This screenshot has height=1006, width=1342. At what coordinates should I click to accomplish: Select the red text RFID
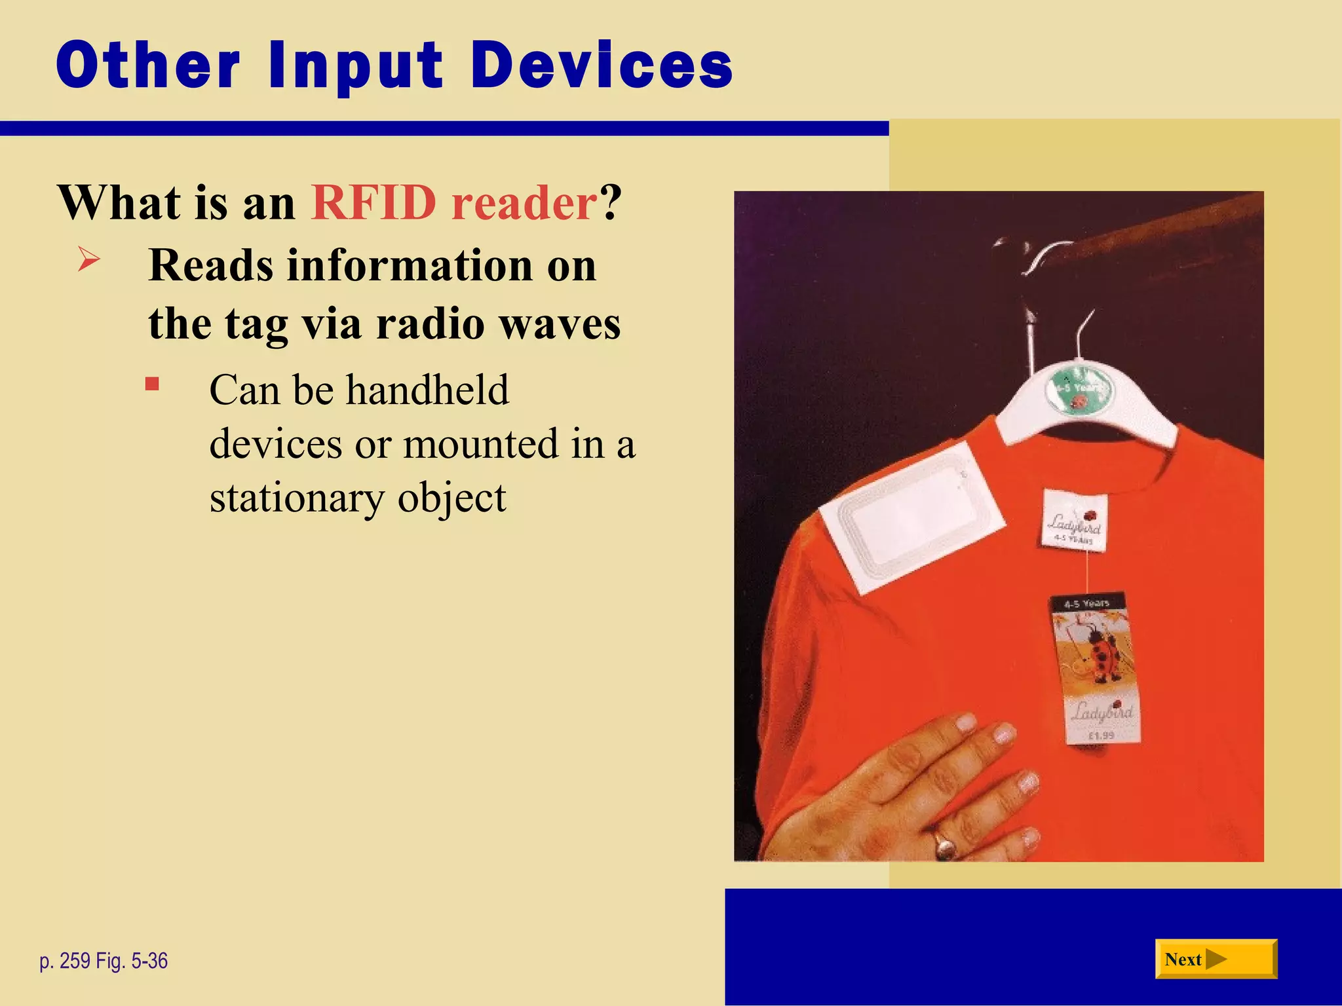[x=374, y=202]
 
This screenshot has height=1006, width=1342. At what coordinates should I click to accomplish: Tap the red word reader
[x=524, y=202]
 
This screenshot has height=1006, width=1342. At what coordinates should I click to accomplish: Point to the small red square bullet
[x=152, y=384]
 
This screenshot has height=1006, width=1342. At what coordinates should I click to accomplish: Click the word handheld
[x=427, y=390]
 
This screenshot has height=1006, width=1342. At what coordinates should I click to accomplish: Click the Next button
[x=1216, y=959]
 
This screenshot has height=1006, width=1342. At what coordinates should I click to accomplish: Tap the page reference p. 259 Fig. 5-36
[x=104, y=961]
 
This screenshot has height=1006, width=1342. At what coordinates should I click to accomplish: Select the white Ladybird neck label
[x=1075, y=521]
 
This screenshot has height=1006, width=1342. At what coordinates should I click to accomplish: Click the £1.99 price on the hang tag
[x=1101, y=736]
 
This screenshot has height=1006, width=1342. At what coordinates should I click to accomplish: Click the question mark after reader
[x=610, y=202]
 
